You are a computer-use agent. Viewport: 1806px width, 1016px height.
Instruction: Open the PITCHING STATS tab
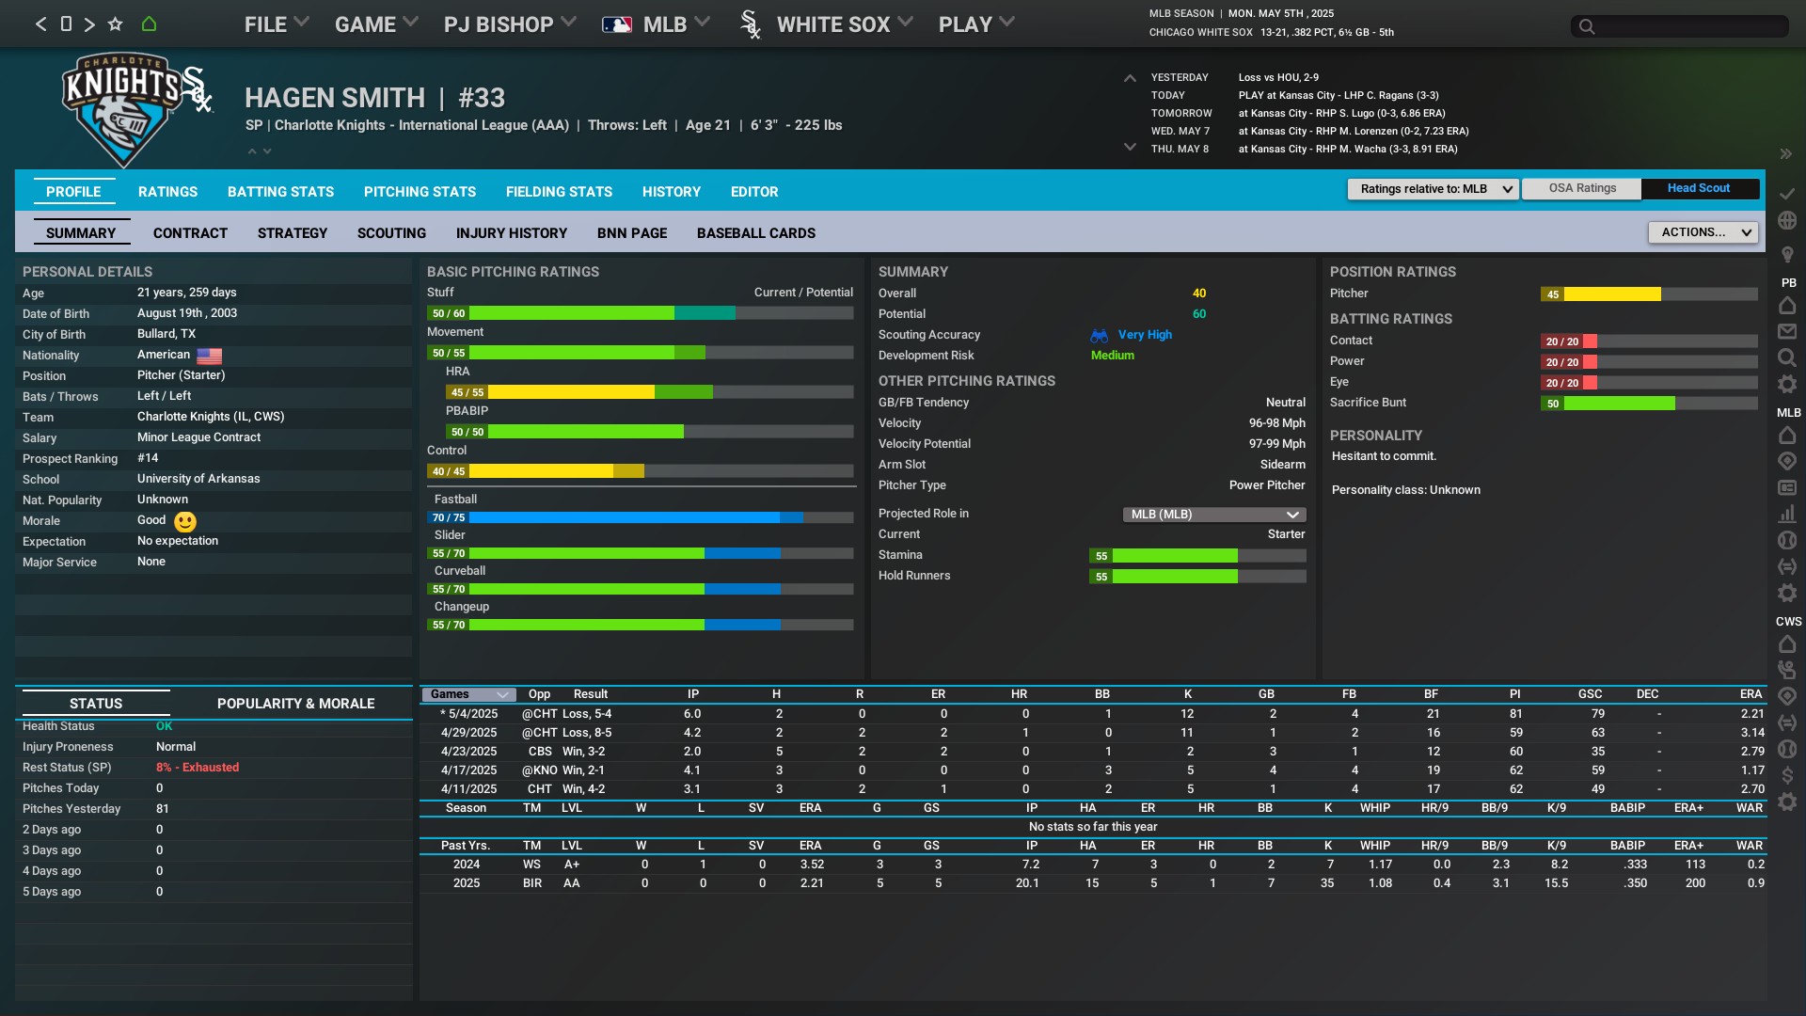pos(420,192)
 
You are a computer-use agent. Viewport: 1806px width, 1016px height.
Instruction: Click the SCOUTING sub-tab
pos(391,233)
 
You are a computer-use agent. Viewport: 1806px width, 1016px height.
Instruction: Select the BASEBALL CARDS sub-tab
pos(755,233)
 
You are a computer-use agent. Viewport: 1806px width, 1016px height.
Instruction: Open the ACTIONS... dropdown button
pos(1703,232)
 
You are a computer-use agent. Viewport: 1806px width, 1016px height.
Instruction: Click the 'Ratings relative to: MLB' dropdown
pos(1433,189)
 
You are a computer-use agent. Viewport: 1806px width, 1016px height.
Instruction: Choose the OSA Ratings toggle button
pos(1582,188)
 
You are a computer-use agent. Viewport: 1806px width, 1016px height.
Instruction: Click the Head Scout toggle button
pos(1698,188)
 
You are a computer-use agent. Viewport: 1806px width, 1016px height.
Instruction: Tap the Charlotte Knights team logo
pos(122,108)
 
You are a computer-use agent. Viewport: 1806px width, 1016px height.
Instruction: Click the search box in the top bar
pos(1679,26)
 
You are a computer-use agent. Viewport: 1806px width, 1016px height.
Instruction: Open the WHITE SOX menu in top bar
pos(832,24)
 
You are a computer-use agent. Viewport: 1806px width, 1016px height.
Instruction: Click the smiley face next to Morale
pos(185,521)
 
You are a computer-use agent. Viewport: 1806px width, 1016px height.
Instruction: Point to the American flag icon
pos(209,356)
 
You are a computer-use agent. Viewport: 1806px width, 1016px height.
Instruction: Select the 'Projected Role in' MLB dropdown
pos(1213,515)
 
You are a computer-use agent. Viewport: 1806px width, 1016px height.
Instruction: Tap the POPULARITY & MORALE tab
pos(295,704)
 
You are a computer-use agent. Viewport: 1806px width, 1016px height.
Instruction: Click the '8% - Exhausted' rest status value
pos(198,768)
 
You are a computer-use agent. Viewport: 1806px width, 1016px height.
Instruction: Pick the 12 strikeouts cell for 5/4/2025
pos(1187,714)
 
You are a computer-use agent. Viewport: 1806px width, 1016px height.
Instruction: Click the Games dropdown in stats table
pos(467,694)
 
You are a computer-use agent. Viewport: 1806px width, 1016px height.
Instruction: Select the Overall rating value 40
pos(1198,294)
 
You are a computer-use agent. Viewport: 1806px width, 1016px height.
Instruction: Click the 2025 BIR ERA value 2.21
pos(811,883)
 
